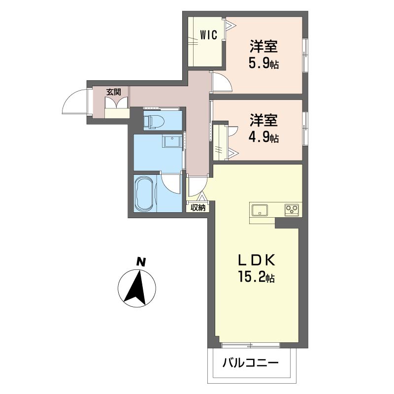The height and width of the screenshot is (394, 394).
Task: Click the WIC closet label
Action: pos(208,35)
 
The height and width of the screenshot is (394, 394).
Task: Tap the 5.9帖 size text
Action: pos(263,64)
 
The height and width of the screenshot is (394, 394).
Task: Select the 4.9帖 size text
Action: pos(263,137)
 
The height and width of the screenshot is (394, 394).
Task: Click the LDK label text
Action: pos(257,261)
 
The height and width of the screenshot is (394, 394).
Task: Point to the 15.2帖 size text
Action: pos(256,277)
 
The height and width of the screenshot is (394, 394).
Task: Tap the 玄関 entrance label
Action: pos(114,92)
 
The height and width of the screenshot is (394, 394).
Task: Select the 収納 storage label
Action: pos(198,207)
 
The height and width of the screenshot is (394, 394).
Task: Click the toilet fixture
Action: pos(154,121)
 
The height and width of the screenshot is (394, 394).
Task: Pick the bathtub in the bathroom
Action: pos(144,194)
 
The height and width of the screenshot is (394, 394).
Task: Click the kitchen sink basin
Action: pos(260,210)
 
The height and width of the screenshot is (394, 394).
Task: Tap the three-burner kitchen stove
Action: pos(292,210)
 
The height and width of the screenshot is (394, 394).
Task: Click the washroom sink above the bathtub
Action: pos(172,141)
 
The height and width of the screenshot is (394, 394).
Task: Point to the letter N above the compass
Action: pos(141,262)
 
